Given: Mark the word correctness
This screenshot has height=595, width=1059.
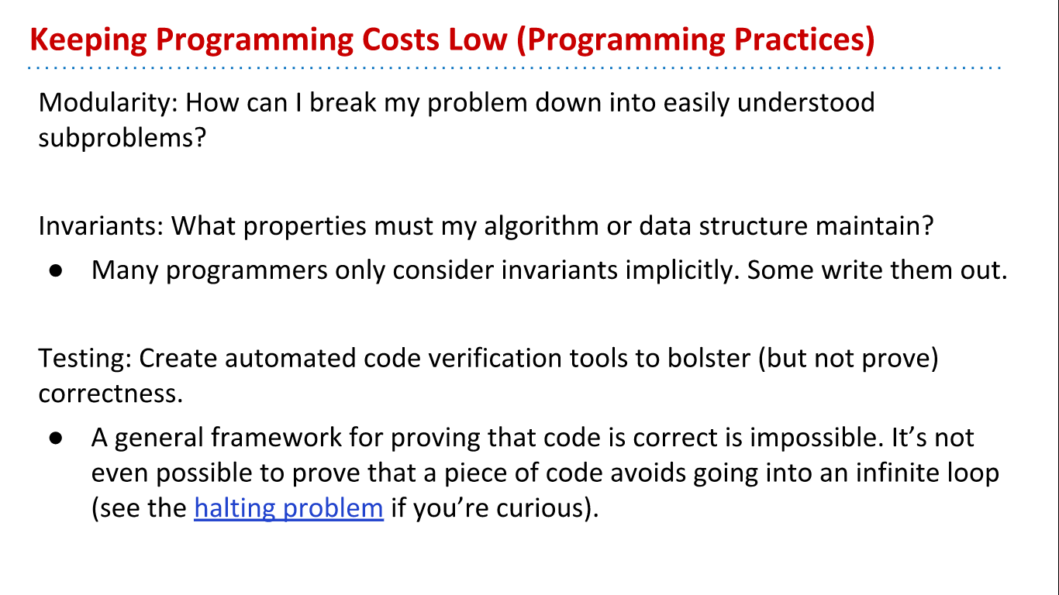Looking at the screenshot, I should tap(109, 394).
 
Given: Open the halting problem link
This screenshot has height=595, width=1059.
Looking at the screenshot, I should tap(288, 508).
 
